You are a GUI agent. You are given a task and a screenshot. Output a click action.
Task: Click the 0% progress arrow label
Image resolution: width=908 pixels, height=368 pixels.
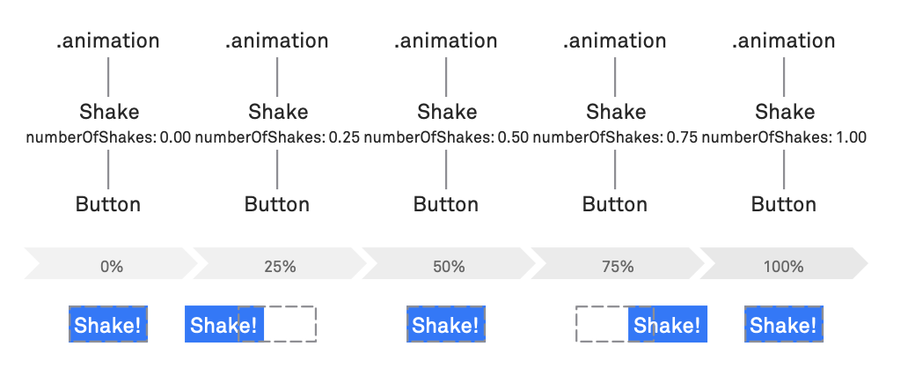click(111, 267)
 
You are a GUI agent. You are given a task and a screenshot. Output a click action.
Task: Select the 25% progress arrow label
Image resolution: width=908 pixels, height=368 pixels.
click(281, 267)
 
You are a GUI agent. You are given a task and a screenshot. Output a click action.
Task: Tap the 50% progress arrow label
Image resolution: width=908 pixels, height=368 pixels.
click(450, 267)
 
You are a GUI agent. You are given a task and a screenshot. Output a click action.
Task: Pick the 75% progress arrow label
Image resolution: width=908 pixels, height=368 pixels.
click(618, 267)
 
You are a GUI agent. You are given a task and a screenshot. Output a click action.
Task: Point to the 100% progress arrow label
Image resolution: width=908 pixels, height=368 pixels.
click(783, 267)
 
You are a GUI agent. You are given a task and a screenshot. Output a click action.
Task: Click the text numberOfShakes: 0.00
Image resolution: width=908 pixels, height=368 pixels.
click(108, 138)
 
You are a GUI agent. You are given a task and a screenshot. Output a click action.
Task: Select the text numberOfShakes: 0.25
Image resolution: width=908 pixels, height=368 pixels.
click(277, 138)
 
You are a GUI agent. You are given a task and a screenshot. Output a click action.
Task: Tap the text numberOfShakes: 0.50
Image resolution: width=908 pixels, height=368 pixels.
click(446, 138)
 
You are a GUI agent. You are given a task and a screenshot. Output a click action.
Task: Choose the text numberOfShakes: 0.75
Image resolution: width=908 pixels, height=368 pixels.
click(615, 138)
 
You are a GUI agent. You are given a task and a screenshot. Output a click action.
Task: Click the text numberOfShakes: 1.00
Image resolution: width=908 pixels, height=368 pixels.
click(784, 138)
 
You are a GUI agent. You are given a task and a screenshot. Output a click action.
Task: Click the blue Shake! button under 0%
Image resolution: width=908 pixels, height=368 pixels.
click(108, 324)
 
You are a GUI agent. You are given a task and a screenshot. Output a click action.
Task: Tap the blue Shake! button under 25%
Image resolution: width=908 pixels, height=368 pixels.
click(224, 324)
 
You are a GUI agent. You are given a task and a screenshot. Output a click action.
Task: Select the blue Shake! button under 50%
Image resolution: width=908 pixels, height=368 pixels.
click(446, 324)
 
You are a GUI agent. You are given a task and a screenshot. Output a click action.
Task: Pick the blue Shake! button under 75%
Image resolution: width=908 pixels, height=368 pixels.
click(668, 324)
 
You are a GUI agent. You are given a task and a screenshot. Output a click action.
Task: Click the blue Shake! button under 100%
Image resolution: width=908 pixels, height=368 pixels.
click(784, 324)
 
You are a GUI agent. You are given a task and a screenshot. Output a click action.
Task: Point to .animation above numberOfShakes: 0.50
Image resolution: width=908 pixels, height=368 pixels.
click(446, 40)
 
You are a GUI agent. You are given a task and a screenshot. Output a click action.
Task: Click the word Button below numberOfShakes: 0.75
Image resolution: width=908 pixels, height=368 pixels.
click(615, 204)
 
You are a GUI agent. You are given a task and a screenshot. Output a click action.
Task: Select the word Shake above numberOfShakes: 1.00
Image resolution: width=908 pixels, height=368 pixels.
click(785, 111)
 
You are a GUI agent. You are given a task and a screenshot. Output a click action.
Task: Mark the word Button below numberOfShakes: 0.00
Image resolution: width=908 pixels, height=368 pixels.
click(108, 204)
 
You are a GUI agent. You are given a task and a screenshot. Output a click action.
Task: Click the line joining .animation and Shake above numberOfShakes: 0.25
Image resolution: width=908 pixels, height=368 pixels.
click(277, 77)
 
